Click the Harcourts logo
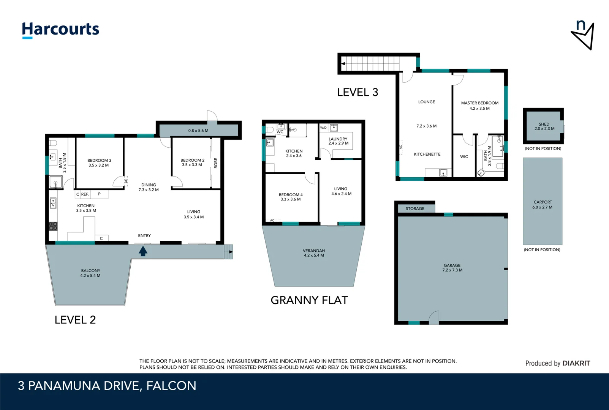tap(60, 30)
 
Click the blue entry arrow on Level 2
tap(143, 251)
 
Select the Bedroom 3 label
tap(99, 163)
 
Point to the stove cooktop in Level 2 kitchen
tap(53, 226)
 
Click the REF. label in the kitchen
tap(85, 194)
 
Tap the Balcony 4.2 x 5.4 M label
tap(90, 273)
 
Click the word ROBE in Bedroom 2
tap(216, 163)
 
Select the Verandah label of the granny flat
tap(314, 253)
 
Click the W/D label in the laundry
tap(323, 128)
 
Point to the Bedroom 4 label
tap(291, 197)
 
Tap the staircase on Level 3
tap(370, 63)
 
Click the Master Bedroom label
tap(479, 106)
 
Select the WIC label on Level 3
tap(464, 156)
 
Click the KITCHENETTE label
tap(427, 155)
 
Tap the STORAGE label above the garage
tap(415, 209)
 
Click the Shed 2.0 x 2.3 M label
tap(544, 126)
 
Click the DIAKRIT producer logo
tap(576, 363)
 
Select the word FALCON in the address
tap(171, 386)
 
